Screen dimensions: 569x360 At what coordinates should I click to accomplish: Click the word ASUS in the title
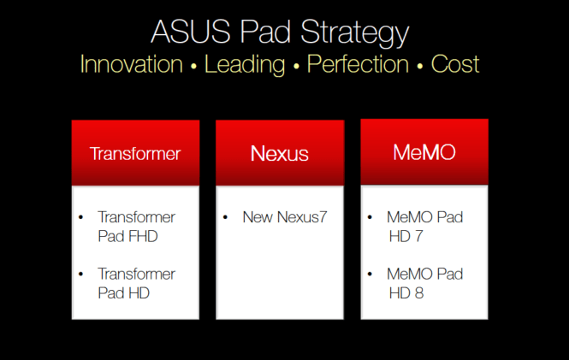(191, 32)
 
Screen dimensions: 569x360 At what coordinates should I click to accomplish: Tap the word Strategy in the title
(354, 33)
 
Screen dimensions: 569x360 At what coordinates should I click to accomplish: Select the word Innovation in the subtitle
(132, 64)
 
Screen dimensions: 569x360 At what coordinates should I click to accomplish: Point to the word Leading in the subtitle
(245, 65)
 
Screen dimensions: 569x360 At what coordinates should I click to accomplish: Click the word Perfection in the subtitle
(358, 64)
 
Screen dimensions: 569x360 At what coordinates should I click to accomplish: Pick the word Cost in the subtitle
(455, 64)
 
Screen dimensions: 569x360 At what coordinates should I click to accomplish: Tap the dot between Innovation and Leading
(193, 67)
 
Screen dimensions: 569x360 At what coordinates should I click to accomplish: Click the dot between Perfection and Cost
(420, 67)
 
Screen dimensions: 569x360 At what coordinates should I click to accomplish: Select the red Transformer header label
(135, 153)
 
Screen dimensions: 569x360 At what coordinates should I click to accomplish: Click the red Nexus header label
(280, 153)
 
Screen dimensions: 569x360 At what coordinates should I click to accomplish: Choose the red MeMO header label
(424, 152)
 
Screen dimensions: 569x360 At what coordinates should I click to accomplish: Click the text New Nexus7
(285, 217)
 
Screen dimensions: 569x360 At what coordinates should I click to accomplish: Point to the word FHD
(143, 236)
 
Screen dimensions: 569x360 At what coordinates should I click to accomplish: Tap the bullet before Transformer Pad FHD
(81, 217)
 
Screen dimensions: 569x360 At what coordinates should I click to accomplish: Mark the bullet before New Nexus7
(225, 217)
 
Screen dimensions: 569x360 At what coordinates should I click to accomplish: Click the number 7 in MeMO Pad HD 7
(418, 236)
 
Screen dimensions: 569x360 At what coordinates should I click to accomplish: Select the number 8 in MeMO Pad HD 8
(419, 293)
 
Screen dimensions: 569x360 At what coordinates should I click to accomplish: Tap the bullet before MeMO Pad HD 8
(370, 274)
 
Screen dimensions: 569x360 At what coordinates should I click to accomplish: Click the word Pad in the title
(265, 32)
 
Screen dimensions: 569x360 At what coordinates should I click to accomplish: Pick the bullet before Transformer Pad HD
(81, 274)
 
